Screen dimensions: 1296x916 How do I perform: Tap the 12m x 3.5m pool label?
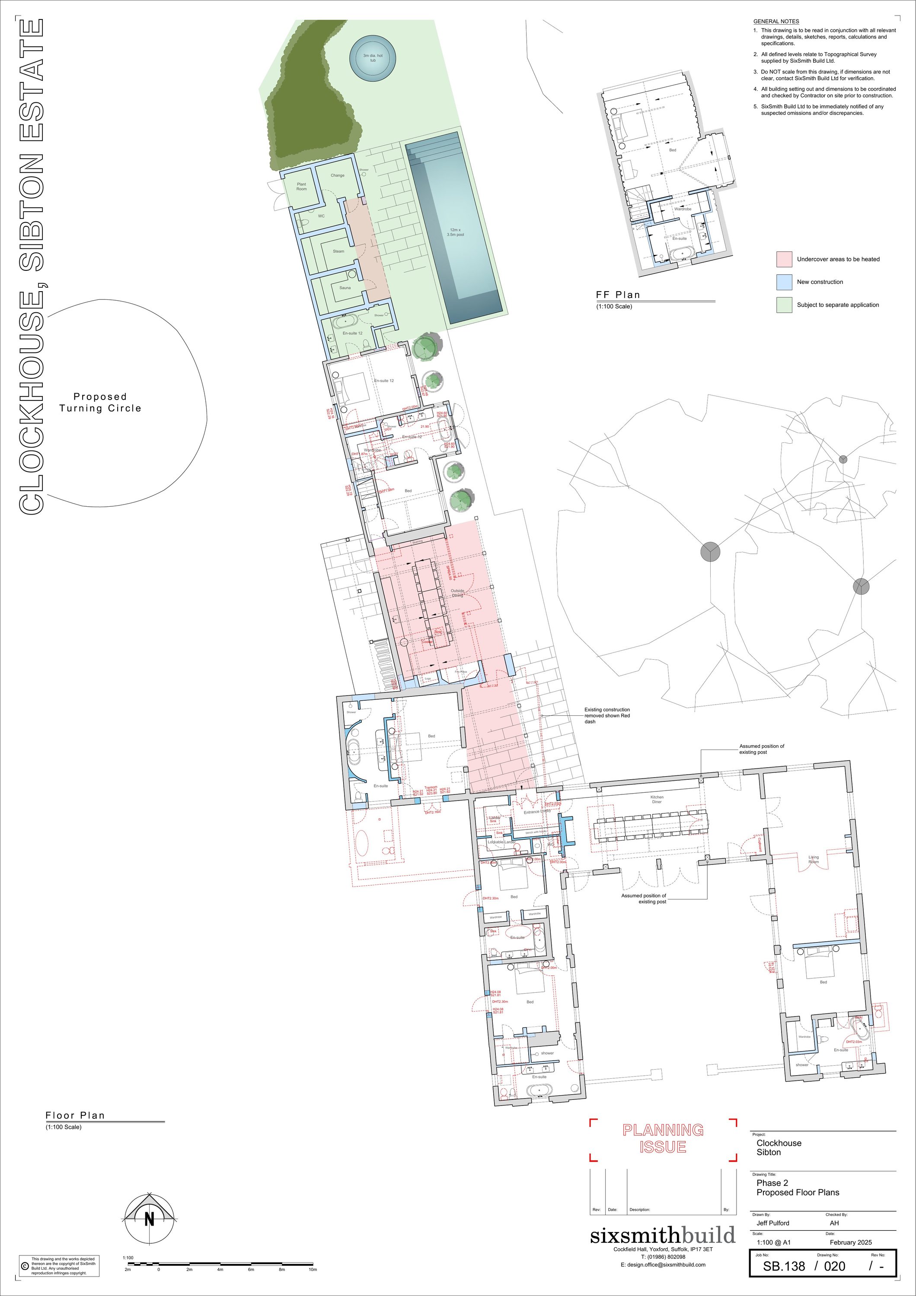pyautogui.click(x=455, y=232)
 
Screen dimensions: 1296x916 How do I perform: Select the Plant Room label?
pyautogui.click(x=302, y=186)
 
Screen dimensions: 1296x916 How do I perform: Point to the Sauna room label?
pyautogui.click(x=345, y=288)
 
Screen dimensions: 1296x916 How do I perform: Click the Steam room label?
pyautogui.click(x=338, y=251)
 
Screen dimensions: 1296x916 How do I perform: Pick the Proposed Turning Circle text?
pyautogui.click(x=100, y=403)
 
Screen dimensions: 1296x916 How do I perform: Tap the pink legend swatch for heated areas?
pyautogui.click(x=784, y=259)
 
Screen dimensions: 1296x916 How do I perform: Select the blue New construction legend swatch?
pyautogui.click(x=784, y=282)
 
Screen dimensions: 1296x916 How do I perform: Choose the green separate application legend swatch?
pyautogui.click(x=784, y=305)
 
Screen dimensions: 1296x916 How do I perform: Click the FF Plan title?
pyautogui.click(x=618, y=295)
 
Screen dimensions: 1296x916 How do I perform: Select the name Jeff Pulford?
pyautogui.click(x=772, y=1223)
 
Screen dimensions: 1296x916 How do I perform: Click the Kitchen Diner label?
pyautogui.click(x=656, y=799)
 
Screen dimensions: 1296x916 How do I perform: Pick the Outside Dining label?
pyautogui.click(x=457, y=593)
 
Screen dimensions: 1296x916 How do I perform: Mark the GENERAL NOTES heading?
pyautogui.click(x=776, y=22)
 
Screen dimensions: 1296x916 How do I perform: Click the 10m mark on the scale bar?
pyautogui.click(x=312, y=1270)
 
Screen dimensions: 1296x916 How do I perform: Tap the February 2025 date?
pyautogui.click(x=850, y=1242)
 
